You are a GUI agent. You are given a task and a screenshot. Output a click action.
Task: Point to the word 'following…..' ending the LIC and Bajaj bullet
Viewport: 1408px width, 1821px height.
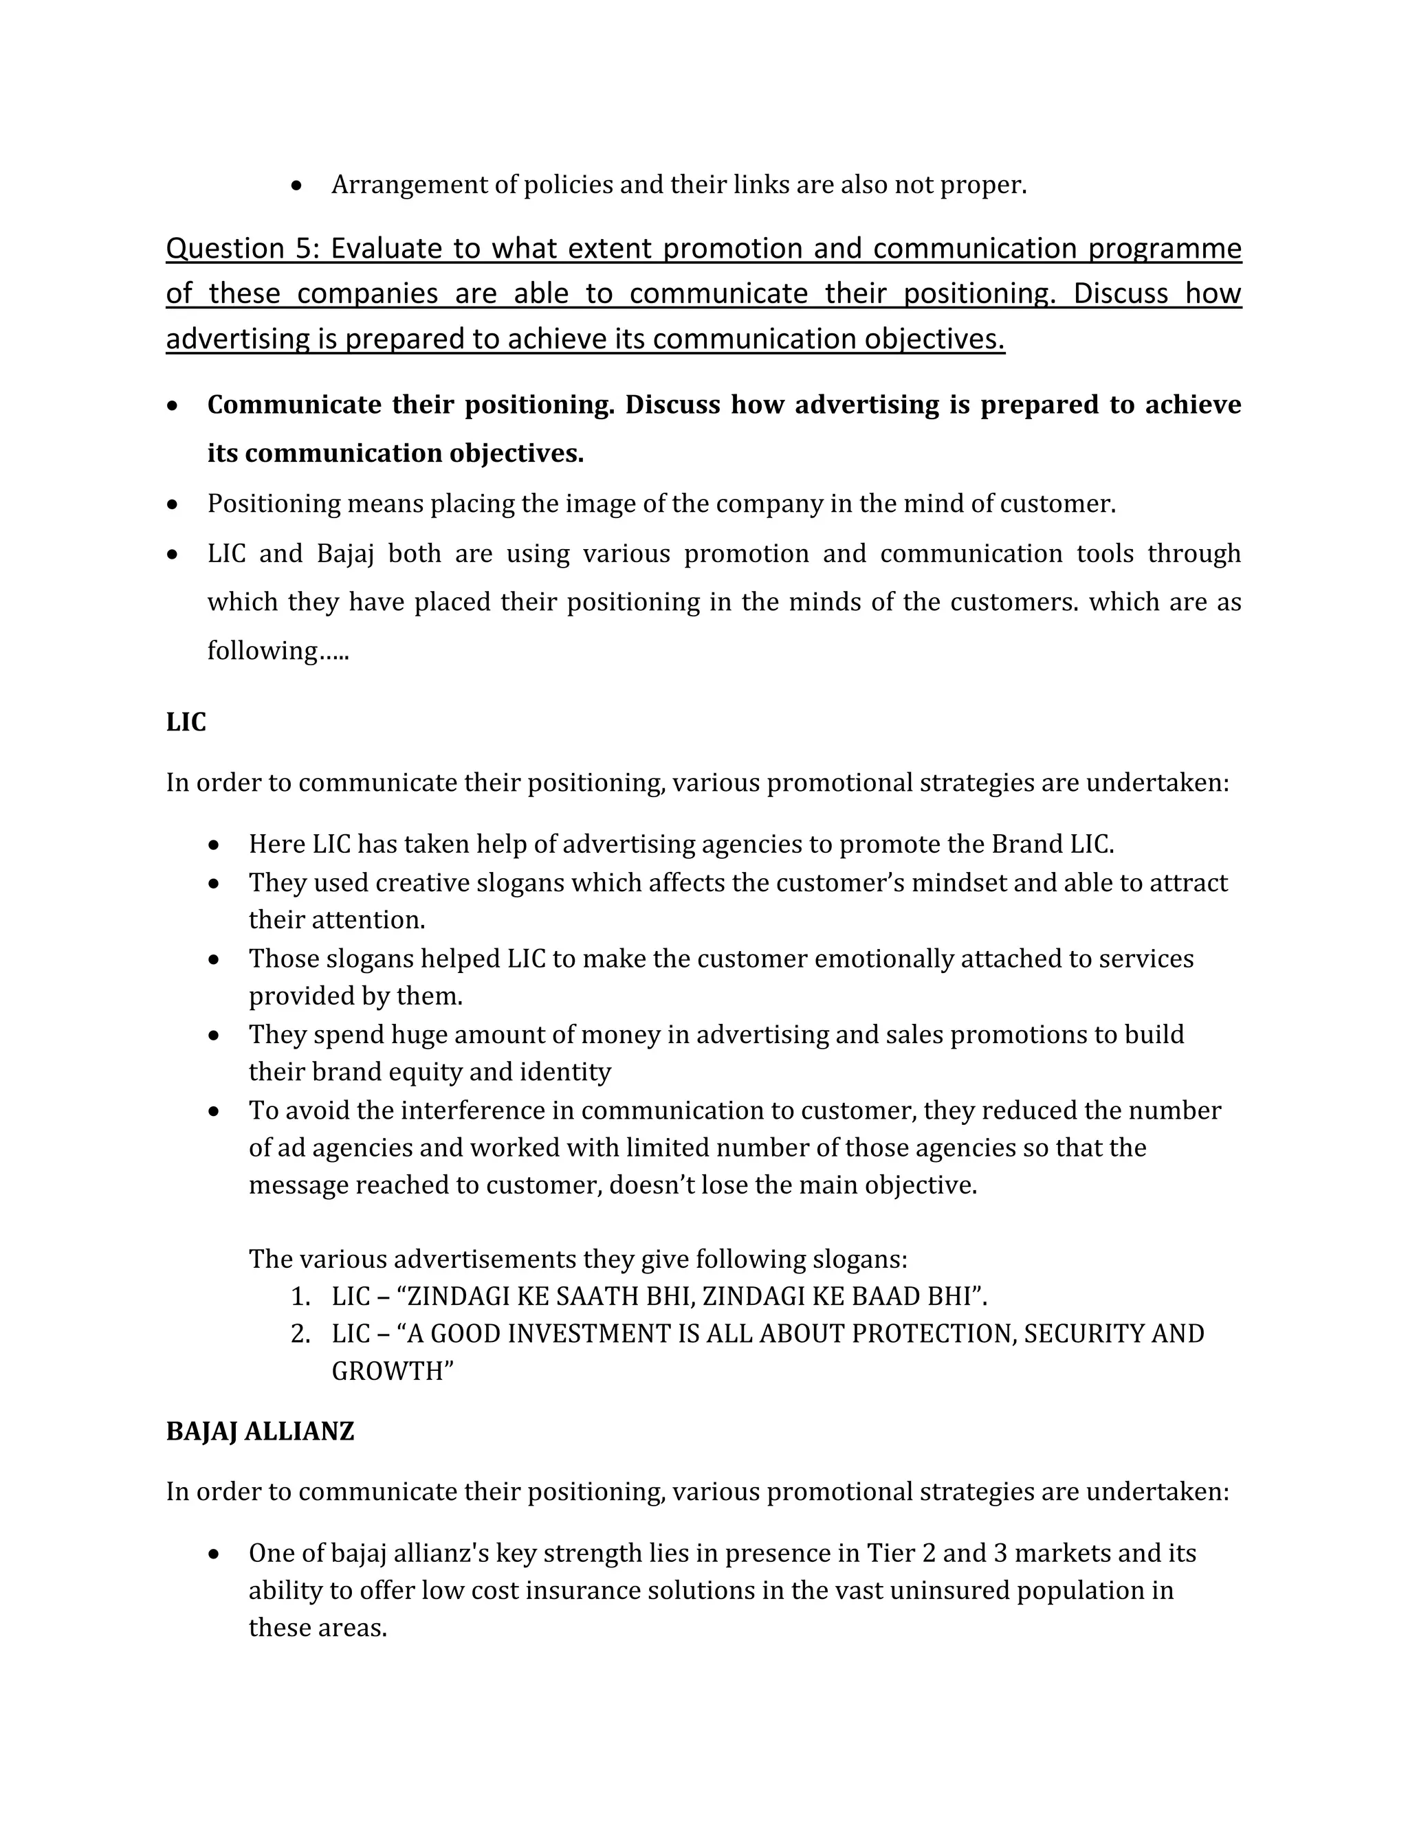(278, 650)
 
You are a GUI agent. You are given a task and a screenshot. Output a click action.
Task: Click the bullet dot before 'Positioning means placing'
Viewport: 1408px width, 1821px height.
(173, 504)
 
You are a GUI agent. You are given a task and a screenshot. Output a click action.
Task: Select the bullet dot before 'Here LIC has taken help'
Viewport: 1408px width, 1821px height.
(214, 845)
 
